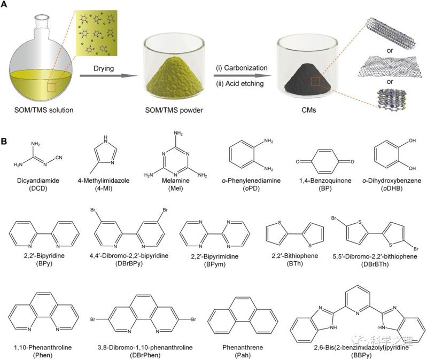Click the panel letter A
(x=4, y=4)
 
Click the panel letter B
(x=4, y=142)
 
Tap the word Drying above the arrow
(x=104, y=68)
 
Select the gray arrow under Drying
(x=108, y=75)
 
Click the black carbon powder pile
(x=308, y=80)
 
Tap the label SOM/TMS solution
(x=44, y=110)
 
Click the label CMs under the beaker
(x=309, y=110)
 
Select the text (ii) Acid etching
(x=240, y=83)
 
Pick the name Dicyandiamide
(x=38, y=181)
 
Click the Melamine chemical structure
(x=176, y=154)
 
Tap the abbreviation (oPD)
(x=251, y=189)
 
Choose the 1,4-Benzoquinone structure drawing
(x=325, y=161)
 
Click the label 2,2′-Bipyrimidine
(x=215, y=256)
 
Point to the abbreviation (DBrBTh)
(x=375, y=264)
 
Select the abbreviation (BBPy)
(x=361, y=355)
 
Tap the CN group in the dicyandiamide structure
(x=59, y=157)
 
